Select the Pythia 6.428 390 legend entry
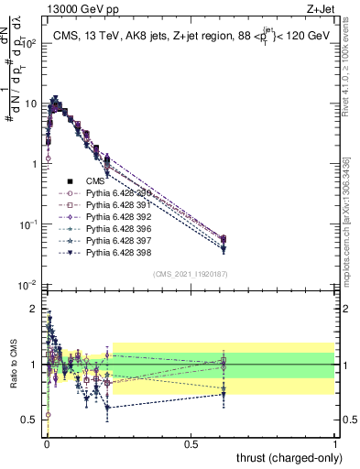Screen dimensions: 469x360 (x=114, y=193)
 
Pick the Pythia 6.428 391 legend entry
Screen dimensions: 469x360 (x=114, y=204)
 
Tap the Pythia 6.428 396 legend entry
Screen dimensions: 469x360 (x=114, y=227)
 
